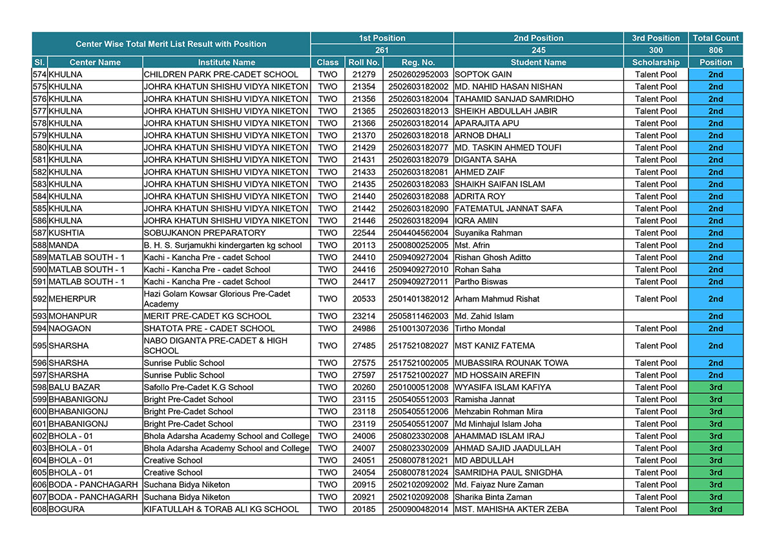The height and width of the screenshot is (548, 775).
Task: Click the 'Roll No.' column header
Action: point(364,63)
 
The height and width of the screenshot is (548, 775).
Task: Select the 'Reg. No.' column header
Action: point(418,63)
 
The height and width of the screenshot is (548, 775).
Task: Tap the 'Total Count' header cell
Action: point(716,38)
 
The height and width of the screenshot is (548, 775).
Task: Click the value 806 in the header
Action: point(716,50)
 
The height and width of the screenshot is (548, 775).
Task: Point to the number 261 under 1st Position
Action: point(382,50)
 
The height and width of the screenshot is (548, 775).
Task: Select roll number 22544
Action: point(364,233)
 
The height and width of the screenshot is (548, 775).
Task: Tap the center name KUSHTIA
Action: point(67,233)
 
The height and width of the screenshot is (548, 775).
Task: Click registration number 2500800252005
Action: point(418,245)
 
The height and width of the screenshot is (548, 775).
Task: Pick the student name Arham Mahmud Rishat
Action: point(497,299)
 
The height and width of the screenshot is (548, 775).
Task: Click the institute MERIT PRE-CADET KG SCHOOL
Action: point(207,316)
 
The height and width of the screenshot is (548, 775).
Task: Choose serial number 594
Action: point(40,329)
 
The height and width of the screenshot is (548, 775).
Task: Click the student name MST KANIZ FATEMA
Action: point(495,346)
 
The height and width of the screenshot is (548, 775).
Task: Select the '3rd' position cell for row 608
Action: point(716,509)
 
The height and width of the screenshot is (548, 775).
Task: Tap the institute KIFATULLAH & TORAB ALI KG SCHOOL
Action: point(222,509)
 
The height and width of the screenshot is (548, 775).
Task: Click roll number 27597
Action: point(364,375)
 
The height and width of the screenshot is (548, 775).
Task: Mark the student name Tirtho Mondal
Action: point(480,329)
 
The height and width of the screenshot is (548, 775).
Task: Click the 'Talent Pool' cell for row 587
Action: point(656,233)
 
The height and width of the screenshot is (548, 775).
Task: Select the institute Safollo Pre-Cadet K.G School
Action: point(199,387)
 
